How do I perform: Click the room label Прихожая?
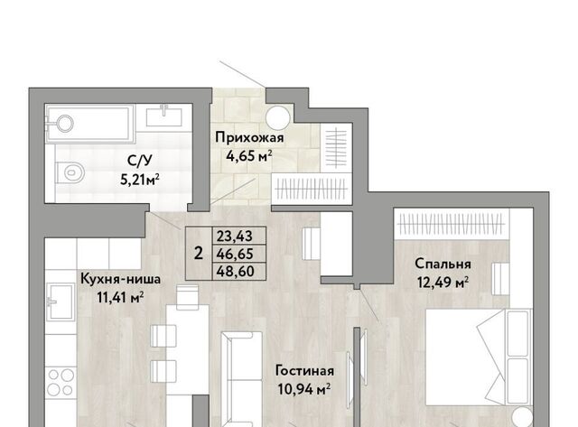(x=249, y=138)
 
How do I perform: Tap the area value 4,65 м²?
(x=249, y=156)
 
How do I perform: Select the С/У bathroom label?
(x=140, y=161)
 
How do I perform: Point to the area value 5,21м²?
(x=140, y=180)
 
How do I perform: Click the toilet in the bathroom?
(x=70, y=172)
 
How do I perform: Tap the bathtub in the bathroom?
(x=89, y=124)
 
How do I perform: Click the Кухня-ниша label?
(x=120, y=279)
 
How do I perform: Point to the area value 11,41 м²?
(x=120, y=297)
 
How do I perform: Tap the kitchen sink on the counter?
(x=61, y=302)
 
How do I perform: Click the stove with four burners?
(x=61, y=383)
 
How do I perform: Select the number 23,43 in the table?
(x=235, y=236)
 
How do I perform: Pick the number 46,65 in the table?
(x=235, y=254)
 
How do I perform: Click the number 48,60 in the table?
(x=235, y=272)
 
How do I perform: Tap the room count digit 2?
(x=199, y=254)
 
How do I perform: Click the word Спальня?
(x=443, y=264)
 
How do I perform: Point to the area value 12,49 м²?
(x=443, y=283)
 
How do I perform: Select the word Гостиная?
(x=305, y=371)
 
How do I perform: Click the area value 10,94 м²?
(x=304, y=389)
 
